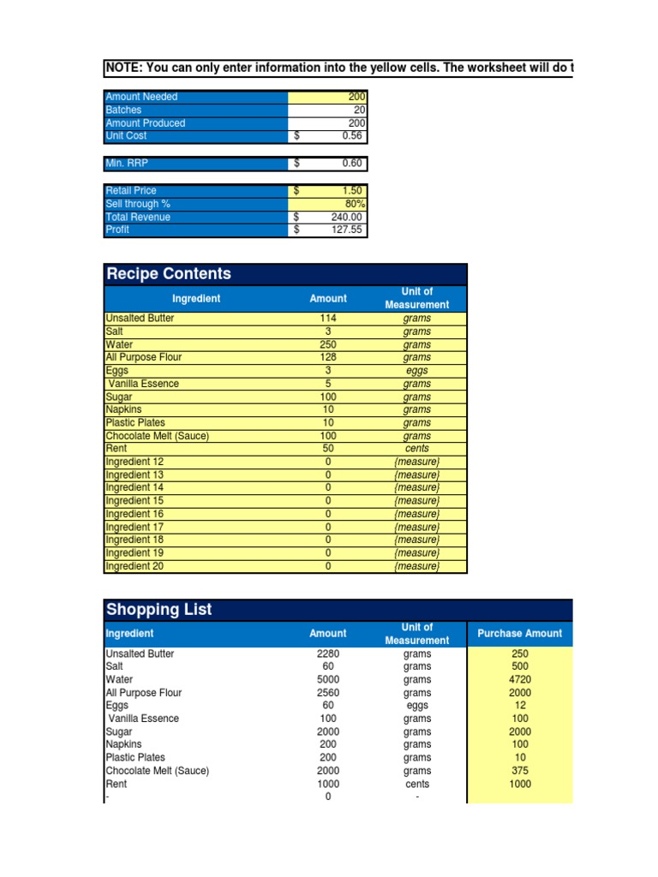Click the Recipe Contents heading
168,274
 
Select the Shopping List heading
159,610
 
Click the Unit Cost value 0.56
351,136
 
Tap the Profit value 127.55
347,230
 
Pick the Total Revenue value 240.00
347,218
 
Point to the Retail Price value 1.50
352,191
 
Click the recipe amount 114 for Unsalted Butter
327,319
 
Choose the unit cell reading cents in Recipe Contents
416,449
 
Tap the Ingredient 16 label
134,514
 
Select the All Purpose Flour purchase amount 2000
518,693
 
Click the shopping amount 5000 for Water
328,680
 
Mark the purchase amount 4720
518,680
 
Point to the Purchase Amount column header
519,634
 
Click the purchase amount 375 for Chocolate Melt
518,771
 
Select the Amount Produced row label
145,123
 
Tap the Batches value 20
359,110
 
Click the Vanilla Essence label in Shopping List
143,719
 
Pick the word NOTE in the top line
122,68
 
